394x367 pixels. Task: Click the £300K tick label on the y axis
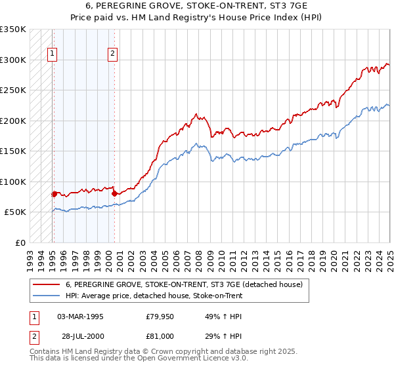pyautogui.click(x=13, y=60)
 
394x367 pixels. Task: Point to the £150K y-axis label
pyautogui.click(x=13, y=151)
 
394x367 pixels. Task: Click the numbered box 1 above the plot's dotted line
pyautogui.click(x=52, y=54)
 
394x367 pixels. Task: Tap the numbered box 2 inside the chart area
pyautogui.click(x=113, y=54)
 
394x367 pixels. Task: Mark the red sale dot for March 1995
pyautogui.click(x=54, y=193)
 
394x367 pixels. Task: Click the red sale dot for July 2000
pyautogui.click(x=114, y=193)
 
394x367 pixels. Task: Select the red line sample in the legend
pyautogui.click(x=45, y=285)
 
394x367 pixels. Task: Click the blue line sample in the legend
pyautogui.click(x=45, y=296)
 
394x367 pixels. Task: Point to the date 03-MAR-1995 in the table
pyautogui.click(x=81, y=317)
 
